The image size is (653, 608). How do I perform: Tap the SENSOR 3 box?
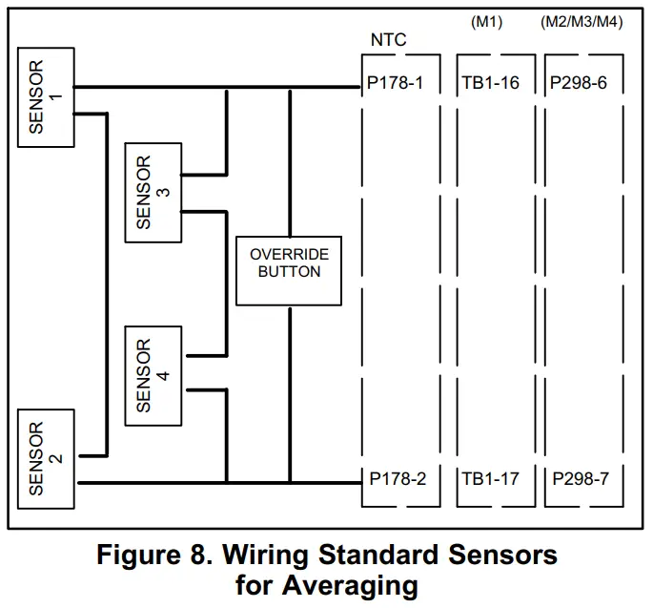tap(153, 192)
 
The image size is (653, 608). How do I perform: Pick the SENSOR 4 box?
tap(153, 375)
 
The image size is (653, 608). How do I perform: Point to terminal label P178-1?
tap(396, 83)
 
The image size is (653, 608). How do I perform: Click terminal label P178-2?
tap(396, 478)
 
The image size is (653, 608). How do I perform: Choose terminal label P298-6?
tap(579, 83)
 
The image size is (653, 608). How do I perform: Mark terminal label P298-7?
tap(579, 478)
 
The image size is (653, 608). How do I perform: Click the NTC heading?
tap(388, 41)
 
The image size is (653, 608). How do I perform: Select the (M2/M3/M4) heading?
tap(581, 22)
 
